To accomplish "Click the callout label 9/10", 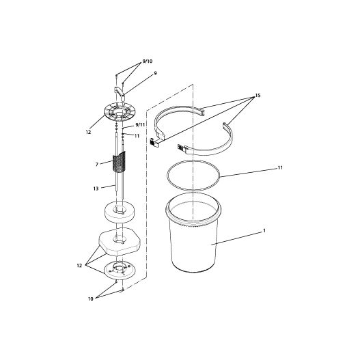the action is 147,61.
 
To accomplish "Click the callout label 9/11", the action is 140,125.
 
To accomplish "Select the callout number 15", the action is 258,95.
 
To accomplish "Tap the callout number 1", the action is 264,230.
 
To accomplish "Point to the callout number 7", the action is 97,165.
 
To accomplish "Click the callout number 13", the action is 96,189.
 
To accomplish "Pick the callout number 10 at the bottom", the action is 91,299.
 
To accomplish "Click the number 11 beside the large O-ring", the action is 280,168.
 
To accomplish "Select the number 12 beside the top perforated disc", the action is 88,133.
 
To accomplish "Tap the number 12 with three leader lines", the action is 79,266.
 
